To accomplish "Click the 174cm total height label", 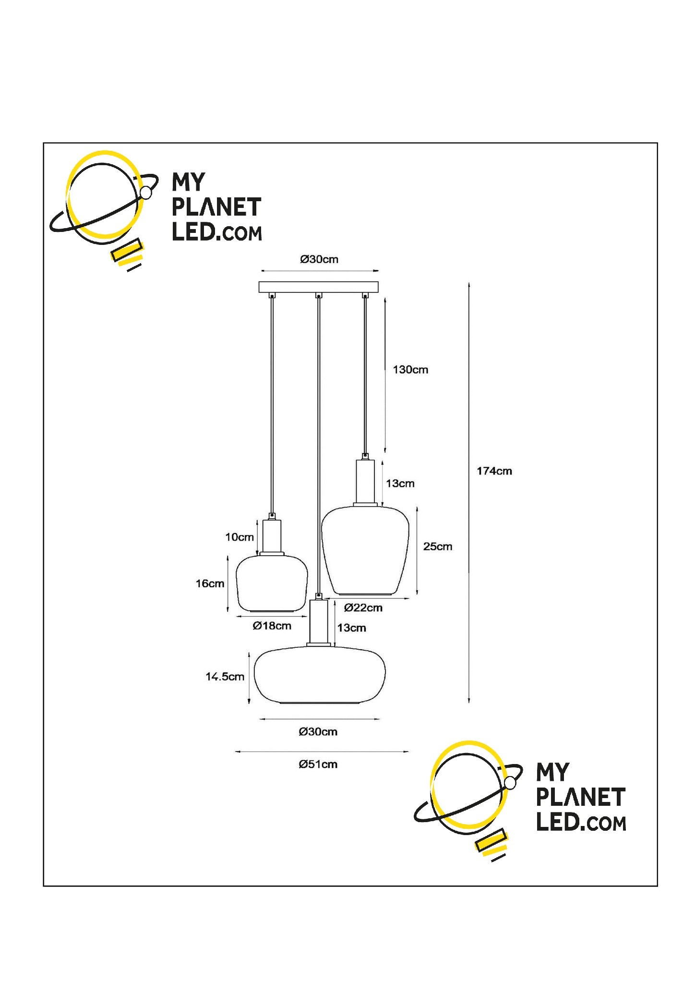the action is coord(494,471).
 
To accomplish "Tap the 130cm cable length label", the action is coord(410,370).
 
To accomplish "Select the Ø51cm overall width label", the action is coord(318,764).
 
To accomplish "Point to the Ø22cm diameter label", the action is coord(363,608).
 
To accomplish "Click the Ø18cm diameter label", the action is coord(272,626).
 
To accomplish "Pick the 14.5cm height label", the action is coord(225,677).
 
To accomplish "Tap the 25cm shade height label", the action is coord(437,546).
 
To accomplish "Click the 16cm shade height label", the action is coord(210,583).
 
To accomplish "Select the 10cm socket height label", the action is coord(240,537).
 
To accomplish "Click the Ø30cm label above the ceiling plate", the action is coord(319,259).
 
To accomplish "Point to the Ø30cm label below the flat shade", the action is coord(318,732).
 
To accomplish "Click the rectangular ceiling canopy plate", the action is coord(318,287).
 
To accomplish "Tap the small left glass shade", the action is coord(272,583).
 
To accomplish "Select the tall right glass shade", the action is coord(365,550).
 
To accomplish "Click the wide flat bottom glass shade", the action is coord(319,675).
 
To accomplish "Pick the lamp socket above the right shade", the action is coord(365,482).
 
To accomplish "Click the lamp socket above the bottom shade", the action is coord(319,621).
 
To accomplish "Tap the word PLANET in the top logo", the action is coord(216,207).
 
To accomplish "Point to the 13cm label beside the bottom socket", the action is coord(351,628).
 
